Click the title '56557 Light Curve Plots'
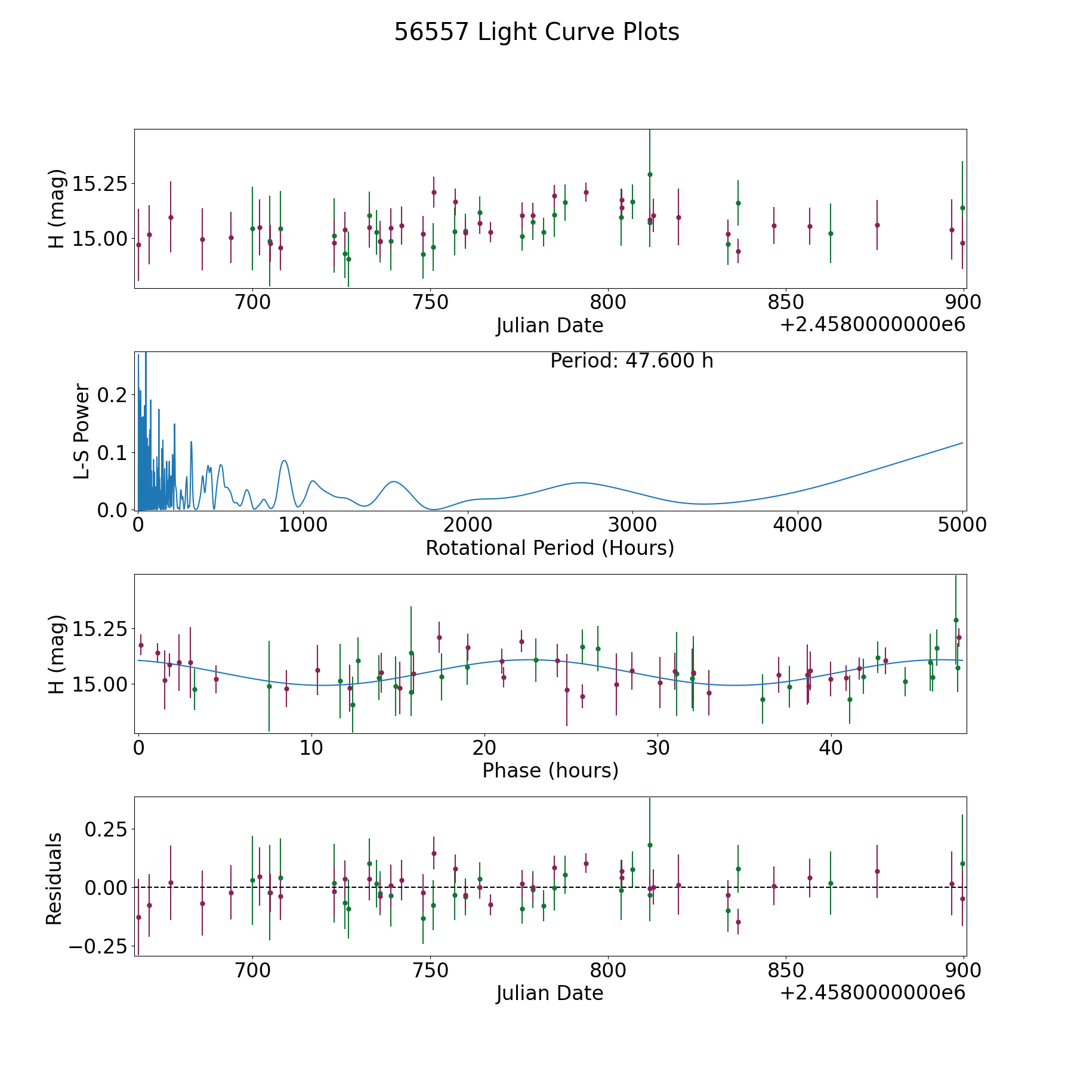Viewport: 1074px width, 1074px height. click(x=536, y=32)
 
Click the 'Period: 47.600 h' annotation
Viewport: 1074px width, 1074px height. click(x=631, y=361)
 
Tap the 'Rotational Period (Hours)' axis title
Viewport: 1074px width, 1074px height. click(x=550, y=548)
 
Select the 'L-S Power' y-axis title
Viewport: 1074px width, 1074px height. click(x=82, y=431)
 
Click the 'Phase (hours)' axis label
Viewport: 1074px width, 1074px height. click(x=550, y=770)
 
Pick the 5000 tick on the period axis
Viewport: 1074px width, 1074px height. click(x=962, y=525)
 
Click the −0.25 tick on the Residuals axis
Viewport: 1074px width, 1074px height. click(x=98, y=946)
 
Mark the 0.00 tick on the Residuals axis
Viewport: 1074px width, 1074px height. click(x=106, y=887)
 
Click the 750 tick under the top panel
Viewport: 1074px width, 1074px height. click(x=430, y=303)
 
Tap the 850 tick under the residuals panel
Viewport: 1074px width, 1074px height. click(x=785, y=970)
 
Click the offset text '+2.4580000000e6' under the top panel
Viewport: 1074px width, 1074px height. click(x=872, y=325)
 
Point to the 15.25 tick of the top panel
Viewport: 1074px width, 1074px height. click(x=99, y=183)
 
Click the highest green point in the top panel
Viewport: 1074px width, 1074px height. click(x=650, y=174)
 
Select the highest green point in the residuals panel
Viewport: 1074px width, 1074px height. click(x=650, y=845)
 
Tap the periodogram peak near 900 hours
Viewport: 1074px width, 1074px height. click(x=285, y=461)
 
